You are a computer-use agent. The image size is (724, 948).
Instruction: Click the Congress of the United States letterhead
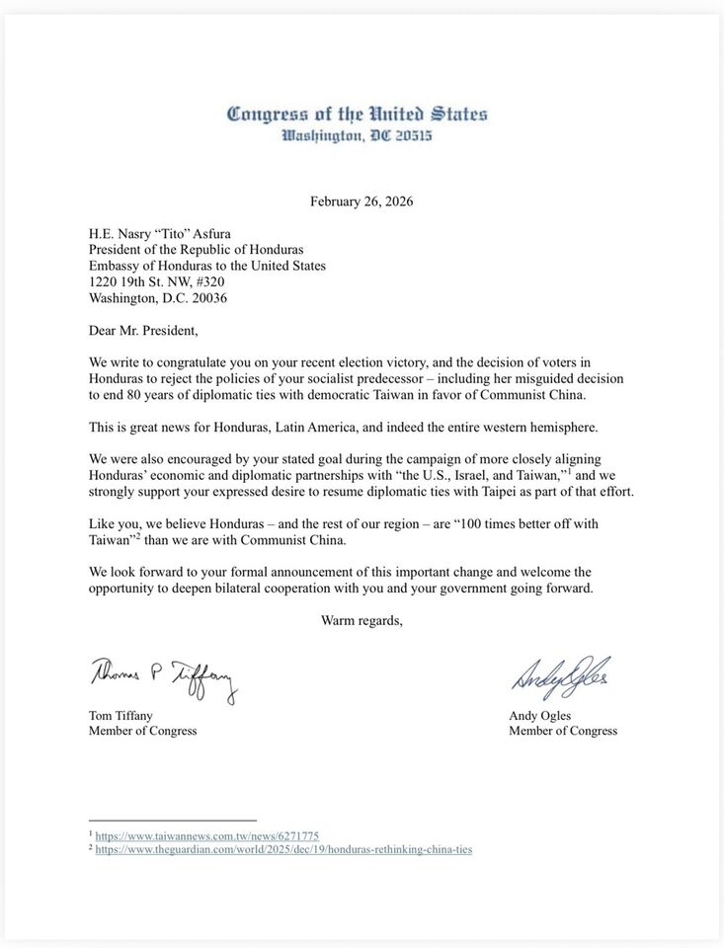pos(357,114)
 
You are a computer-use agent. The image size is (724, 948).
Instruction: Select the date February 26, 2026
pos(362,201)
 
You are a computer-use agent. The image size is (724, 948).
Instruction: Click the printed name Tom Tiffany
pos(121,715)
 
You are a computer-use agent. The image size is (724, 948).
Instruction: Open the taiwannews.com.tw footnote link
pos(206,835)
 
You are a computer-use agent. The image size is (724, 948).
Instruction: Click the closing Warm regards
pos(362,620)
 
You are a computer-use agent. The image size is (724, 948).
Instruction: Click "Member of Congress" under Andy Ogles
pos(563,731)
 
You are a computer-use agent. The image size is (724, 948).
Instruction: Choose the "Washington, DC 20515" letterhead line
pos(357,135)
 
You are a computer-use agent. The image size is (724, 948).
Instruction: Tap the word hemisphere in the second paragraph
pos(560,427)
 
